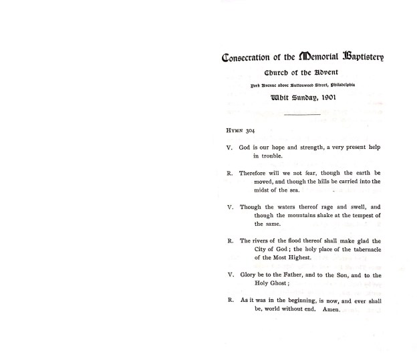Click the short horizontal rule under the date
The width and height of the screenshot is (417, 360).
pos(302,115)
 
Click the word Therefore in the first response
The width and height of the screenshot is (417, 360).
pos(255,172)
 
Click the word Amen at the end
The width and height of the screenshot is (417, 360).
pos(331,309)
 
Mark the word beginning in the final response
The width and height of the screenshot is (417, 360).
pos(297,301)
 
